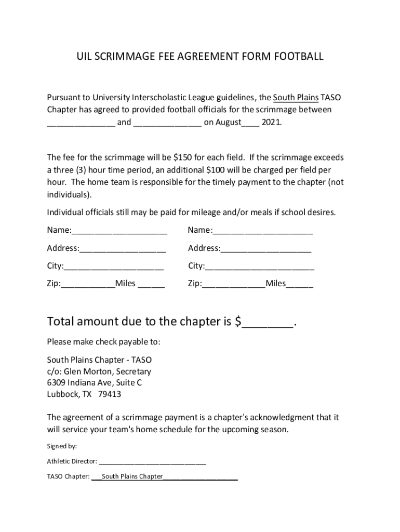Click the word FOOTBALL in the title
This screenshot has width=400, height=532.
[298, 57]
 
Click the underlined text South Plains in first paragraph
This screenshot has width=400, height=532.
[296, 98]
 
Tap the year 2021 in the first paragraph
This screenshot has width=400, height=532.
[271, 123]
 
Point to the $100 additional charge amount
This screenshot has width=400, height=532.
[216, 170]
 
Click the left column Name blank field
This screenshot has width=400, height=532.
[119, 231]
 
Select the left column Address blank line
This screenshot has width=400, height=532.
[123, 249]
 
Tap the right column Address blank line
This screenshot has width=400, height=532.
[265, 249]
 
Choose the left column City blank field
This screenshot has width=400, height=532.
[114, 267]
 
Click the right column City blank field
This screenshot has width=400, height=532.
[259, 267]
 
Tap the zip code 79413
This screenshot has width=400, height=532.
[110, 394]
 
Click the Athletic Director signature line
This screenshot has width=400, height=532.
[152, 462]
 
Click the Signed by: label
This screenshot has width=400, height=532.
[62, 446]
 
